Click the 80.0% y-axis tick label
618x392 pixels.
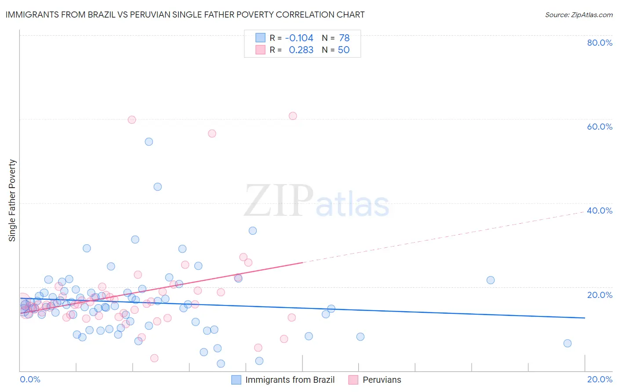(600, 43)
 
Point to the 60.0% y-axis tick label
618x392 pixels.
(600, 127)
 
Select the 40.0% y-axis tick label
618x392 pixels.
(600, 211)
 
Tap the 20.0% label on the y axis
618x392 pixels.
(600, 295)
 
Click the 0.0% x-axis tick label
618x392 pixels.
(30, 379)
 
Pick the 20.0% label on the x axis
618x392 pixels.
(600, 379)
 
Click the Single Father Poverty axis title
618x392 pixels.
(12, 200)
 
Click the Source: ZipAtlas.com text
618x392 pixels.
(578, 15)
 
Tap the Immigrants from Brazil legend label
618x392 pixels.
(290, 380)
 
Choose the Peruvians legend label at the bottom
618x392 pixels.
(382, 380)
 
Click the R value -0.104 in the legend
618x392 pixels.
(299, 38)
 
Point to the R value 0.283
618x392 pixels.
(301, 50)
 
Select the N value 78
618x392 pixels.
(344, 38)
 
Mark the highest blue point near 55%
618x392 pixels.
(149, 142)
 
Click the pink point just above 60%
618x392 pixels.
(293, 116)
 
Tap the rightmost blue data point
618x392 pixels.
(567, 343)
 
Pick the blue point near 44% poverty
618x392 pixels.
(157, 187)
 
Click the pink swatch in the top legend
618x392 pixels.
(261, 50)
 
